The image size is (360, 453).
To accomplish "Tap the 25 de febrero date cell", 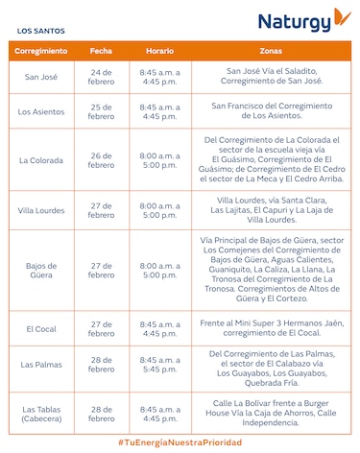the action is [x=101, y=111].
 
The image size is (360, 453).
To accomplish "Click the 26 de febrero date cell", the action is [x=101, y=159].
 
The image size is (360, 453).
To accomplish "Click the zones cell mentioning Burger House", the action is [x=271, y=413].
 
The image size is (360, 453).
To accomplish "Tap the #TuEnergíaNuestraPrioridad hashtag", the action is [x=180, y=442].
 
